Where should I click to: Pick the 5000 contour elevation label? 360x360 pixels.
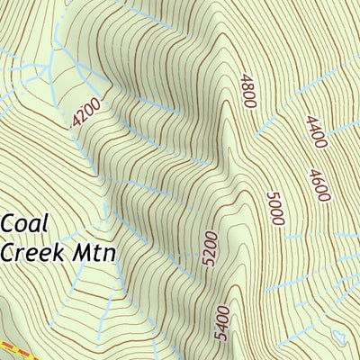[275, 207]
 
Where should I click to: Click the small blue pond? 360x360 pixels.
[339, 337]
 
